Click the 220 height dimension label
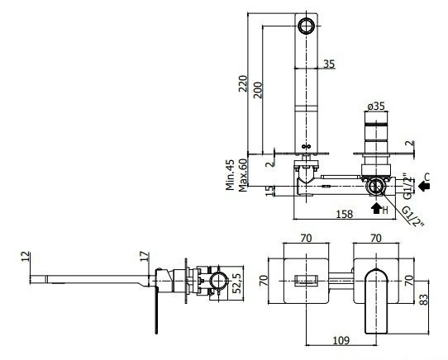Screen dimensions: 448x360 pos(243,83)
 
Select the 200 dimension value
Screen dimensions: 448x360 pos(258,90)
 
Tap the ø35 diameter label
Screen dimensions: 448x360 pos(376,107)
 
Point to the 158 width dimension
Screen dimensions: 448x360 pos(345,214)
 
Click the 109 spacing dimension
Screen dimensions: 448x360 pos(341,340)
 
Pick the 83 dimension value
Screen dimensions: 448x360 pos(424,300)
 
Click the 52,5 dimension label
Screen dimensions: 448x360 pos(237,282)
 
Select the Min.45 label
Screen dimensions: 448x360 pos(230,175)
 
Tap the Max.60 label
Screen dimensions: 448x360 pos(242,175)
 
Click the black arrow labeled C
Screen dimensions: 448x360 pos(424,186)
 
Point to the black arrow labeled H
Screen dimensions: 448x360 pos(376,207)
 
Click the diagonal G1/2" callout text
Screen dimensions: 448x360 pos(413,216)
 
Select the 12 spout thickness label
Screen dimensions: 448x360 pos(26,256)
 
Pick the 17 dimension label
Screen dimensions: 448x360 pos(145,256)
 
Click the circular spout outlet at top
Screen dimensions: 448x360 pos(306,26)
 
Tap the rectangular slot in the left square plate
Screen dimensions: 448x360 pos(306,280)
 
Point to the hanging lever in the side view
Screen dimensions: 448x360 pos(156,310)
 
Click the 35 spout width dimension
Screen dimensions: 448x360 pos(329,64)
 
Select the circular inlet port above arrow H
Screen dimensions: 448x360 pos(376,186)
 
